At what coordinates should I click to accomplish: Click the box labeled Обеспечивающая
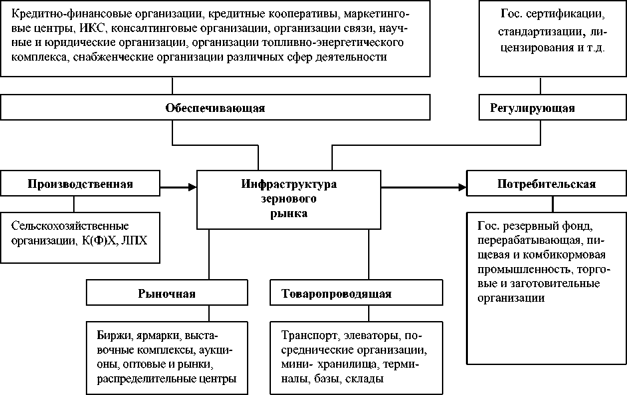(215, 108)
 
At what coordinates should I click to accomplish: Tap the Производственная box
(81, 184)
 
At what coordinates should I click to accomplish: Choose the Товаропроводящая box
(336, 293)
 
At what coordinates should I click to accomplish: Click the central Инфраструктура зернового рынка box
(289, 198)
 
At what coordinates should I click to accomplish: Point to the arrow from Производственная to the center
(179, 187)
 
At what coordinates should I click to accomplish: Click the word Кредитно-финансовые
(56, 13)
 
